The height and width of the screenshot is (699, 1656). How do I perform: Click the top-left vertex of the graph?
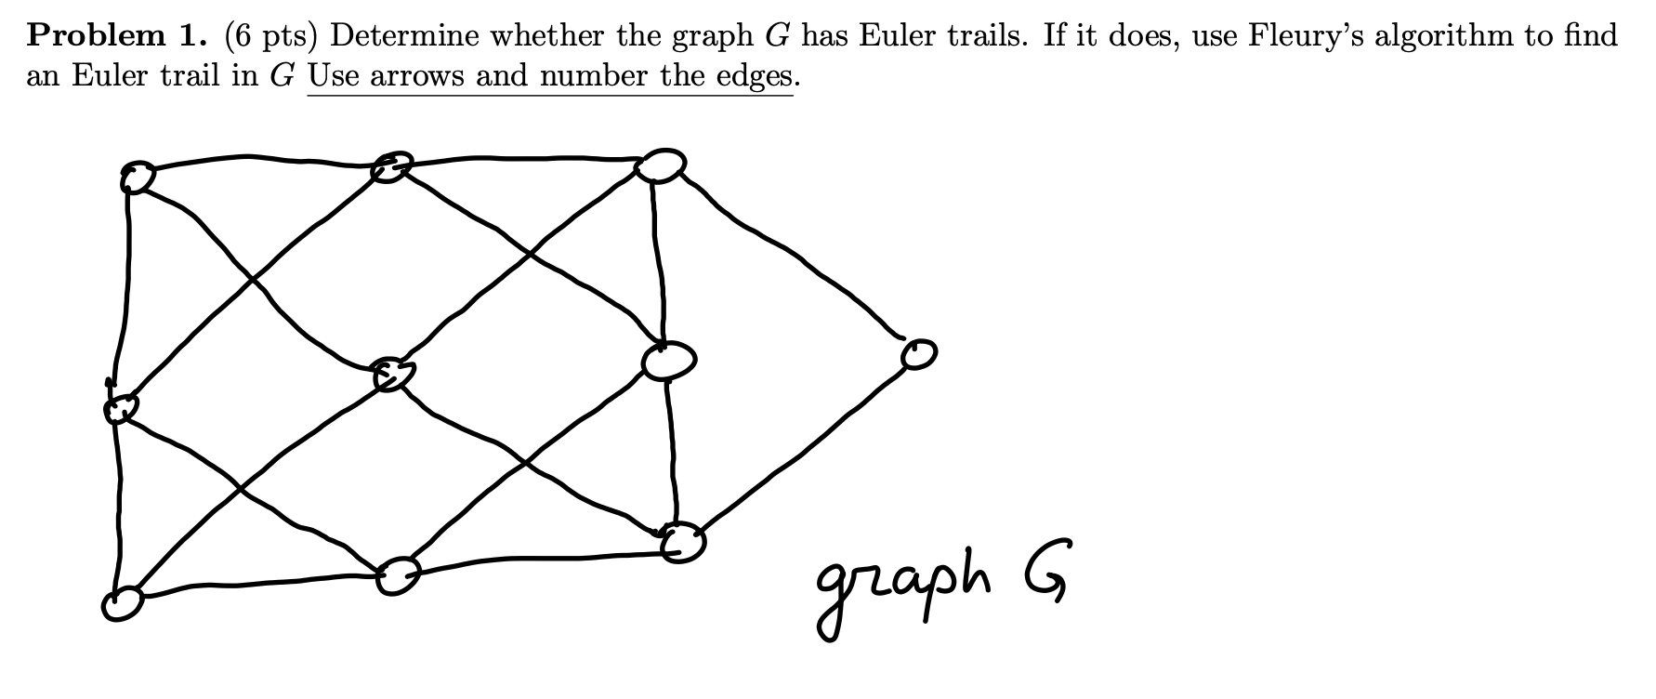pos(136,176)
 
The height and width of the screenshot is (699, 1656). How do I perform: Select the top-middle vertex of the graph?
pos(390,167)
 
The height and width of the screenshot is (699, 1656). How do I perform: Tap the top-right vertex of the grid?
pos(661,165)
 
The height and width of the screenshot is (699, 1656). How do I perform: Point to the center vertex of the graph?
pos(392,374)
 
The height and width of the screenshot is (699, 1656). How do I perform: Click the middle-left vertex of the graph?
pos(120,407)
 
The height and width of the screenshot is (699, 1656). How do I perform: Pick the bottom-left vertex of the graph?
pos(123,604)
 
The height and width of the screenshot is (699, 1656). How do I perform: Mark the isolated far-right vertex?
pos(917,353)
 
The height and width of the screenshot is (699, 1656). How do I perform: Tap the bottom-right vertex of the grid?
pos(684,542)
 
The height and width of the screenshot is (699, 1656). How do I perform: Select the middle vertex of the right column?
pos(667,361)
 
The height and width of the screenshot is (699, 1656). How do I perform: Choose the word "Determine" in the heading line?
pos(402,35)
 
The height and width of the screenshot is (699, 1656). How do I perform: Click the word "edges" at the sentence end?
pos(754,75)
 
